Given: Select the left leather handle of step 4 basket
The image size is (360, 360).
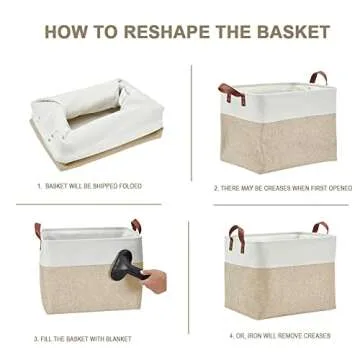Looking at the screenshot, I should click(x=233, y=238).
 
